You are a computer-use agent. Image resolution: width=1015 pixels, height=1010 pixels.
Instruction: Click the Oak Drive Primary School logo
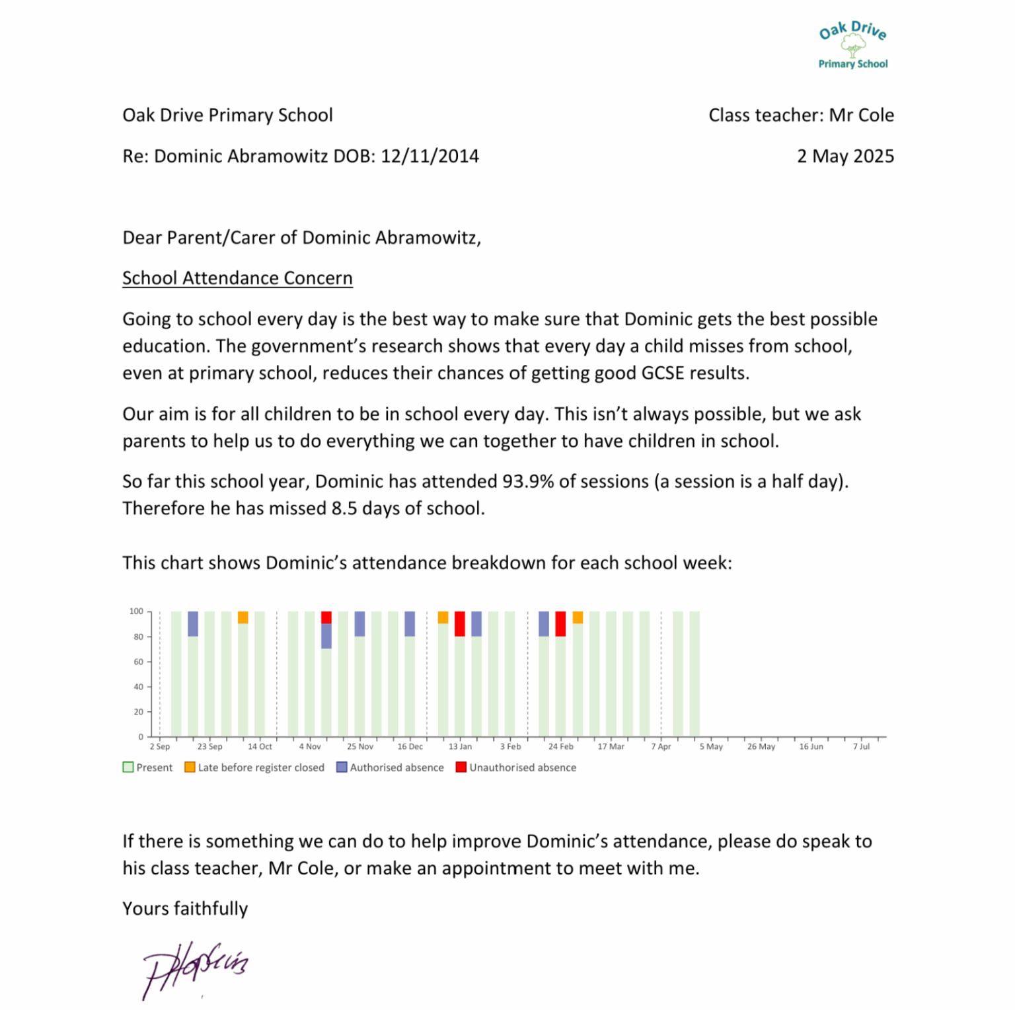(x=852, y=45)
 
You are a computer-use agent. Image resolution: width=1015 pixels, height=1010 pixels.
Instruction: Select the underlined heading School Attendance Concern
(x=237, y=278)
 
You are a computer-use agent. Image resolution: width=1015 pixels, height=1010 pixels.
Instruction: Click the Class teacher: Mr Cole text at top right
(x=801, y=116)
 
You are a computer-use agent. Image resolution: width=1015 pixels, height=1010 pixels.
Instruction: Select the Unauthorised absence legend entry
(x=516, y=767)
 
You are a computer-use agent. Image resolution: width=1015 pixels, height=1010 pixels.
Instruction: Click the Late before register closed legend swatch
(x=190, y=767)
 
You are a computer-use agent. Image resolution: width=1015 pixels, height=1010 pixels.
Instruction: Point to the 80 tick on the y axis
(x=138, y=637)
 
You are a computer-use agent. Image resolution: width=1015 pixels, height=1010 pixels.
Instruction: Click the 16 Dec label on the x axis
(x=410, y=747)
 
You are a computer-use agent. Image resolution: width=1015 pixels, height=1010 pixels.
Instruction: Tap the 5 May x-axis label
(x=711, y=747)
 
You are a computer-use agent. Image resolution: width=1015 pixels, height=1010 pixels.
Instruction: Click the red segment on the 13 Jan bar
(x=460, y=624)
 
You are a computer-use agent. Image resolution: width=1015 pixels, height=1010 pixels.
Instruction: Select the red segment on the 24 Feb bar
(x=560, y=624)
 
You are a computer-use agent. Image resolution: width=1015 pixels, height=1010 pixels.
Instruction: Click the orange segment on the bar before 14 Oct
(x=243, y=617)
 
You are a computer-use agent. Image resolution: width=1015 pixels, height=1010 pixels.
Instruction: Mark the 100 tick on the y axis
(x=136, y=611)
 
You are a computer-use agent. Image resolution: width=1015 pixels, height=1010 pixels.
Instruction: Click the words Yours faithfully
(x=185, y=909)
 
